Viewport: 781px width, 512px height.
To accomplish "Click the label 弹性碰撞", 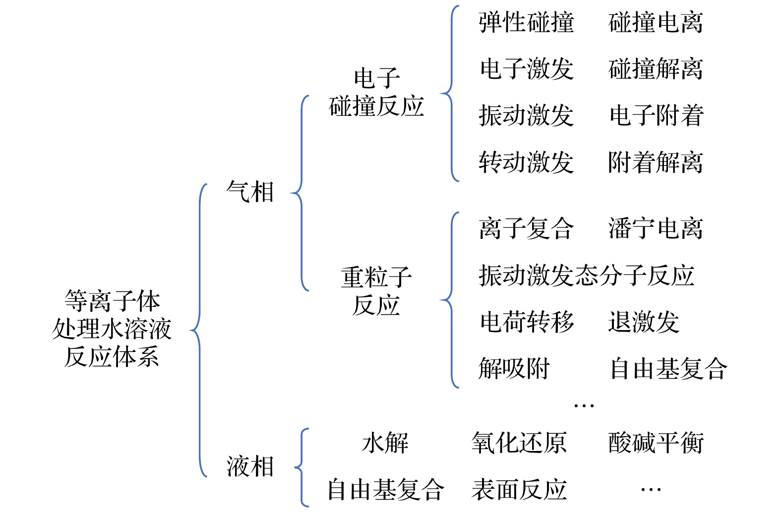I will pos(526,23).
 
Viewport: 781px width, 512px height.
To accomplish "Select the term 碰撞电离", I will pos(656,23).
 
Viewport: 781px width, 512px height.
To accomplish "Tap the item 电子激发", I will pos(526,69).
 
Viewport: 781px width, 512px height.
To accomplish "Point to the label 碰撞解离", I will pos(656,69).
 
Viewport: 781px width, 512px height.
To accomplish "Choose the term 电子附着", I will pos(656,115).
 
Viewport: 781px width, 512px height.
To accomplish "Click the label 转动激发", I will pos(526,162).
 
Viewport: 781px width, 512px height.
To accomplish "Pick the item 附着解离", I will pos(656,162).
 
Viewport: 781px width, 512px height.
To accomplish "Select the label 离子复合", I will pos(526,228).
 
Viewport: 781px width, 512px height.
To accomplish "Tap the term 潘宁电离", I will pos(656,228).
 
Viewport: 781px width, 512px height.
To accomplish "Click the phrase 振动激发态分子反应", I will pos(586,275).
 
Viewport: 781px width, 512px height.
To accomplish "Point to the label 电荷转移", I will pos(527,322).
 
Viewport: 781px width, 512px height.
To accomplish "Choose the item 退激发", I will pos(644,322).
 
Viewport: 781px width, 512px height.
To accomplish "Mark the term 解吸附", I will pos(514,369).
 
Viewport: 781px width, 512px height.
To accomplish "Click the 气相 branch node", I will pos(250,192).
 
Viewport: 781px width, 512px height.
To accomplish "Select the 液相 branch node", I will pos(250,466).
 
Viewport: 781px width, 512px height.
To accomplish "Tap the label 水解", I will pos(385,443).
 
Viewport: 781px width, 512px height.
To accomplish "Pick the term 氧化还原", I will pos(519,443).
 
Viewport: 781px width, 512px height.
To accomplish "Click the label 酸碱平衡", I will pos(656,443).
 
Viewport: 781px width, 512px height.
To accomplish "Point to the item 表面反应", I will pos(519,490).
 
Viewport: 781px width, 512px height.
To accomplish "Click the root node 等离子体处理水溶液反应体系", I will pos(112,329).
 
